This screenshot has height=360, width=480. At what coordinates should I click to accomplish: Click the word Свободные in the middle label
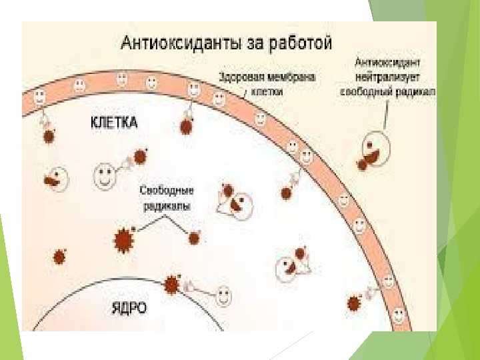pyautogui.click(x=163, y=192)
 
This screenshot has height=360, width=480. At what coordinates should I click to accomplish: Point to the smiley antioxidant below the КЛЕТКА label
pyautogui.click(x=105, y=177)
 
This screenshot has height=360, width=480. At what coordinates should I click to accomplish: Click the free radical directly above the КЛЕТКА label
pyautogui.click(x=185, y=126)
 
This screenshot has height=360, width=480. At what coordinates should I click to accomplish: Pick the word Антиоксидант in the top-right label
pyautogui.click(x=387, y=64)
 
